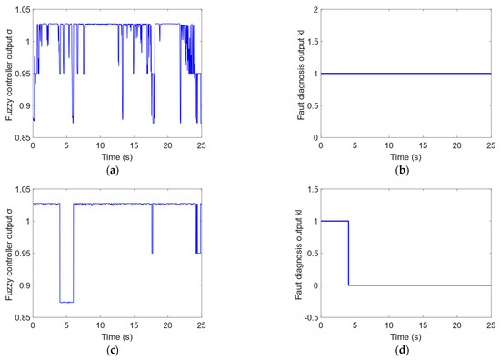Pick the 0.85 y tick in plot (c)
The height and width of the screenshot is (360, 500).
tap(19, 317)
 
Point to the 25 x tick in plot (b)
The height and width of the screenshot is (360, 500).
tap(490, 145)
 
